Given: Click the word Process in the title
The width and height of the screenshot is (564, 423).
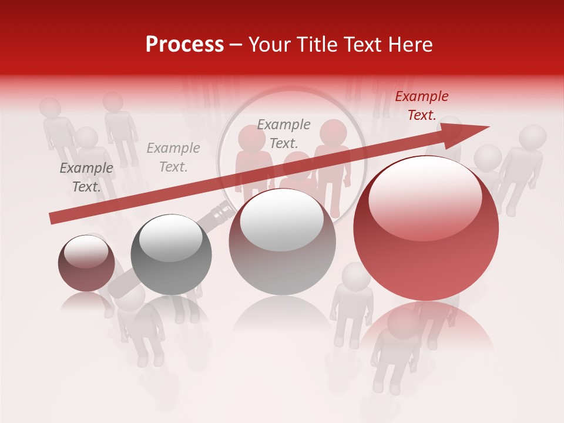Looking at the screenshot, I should [x=184, y=45].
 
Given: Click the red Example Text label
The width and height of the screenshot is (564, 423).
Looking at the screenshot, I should [x=421, y=106].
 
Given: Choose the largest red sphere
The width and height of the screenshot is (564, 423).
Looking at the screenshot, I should [x=426, y=235].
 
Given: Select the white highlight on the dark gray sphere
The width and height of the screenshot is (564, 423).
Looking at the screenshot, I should [x=171, y=237].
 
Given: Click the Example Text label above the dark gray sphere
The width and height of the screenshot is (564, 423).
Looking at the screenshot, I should [x=173, y=157].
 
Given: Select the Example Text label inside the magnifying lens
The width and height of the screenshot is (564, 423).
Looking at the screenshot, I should [x=284, y=133].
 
